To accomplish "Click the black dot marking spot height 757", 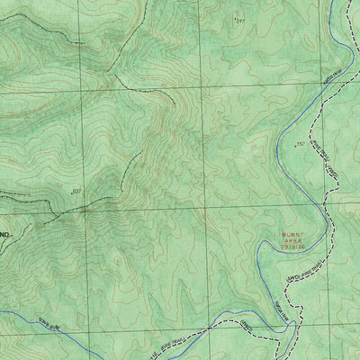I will click(293, 145).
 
